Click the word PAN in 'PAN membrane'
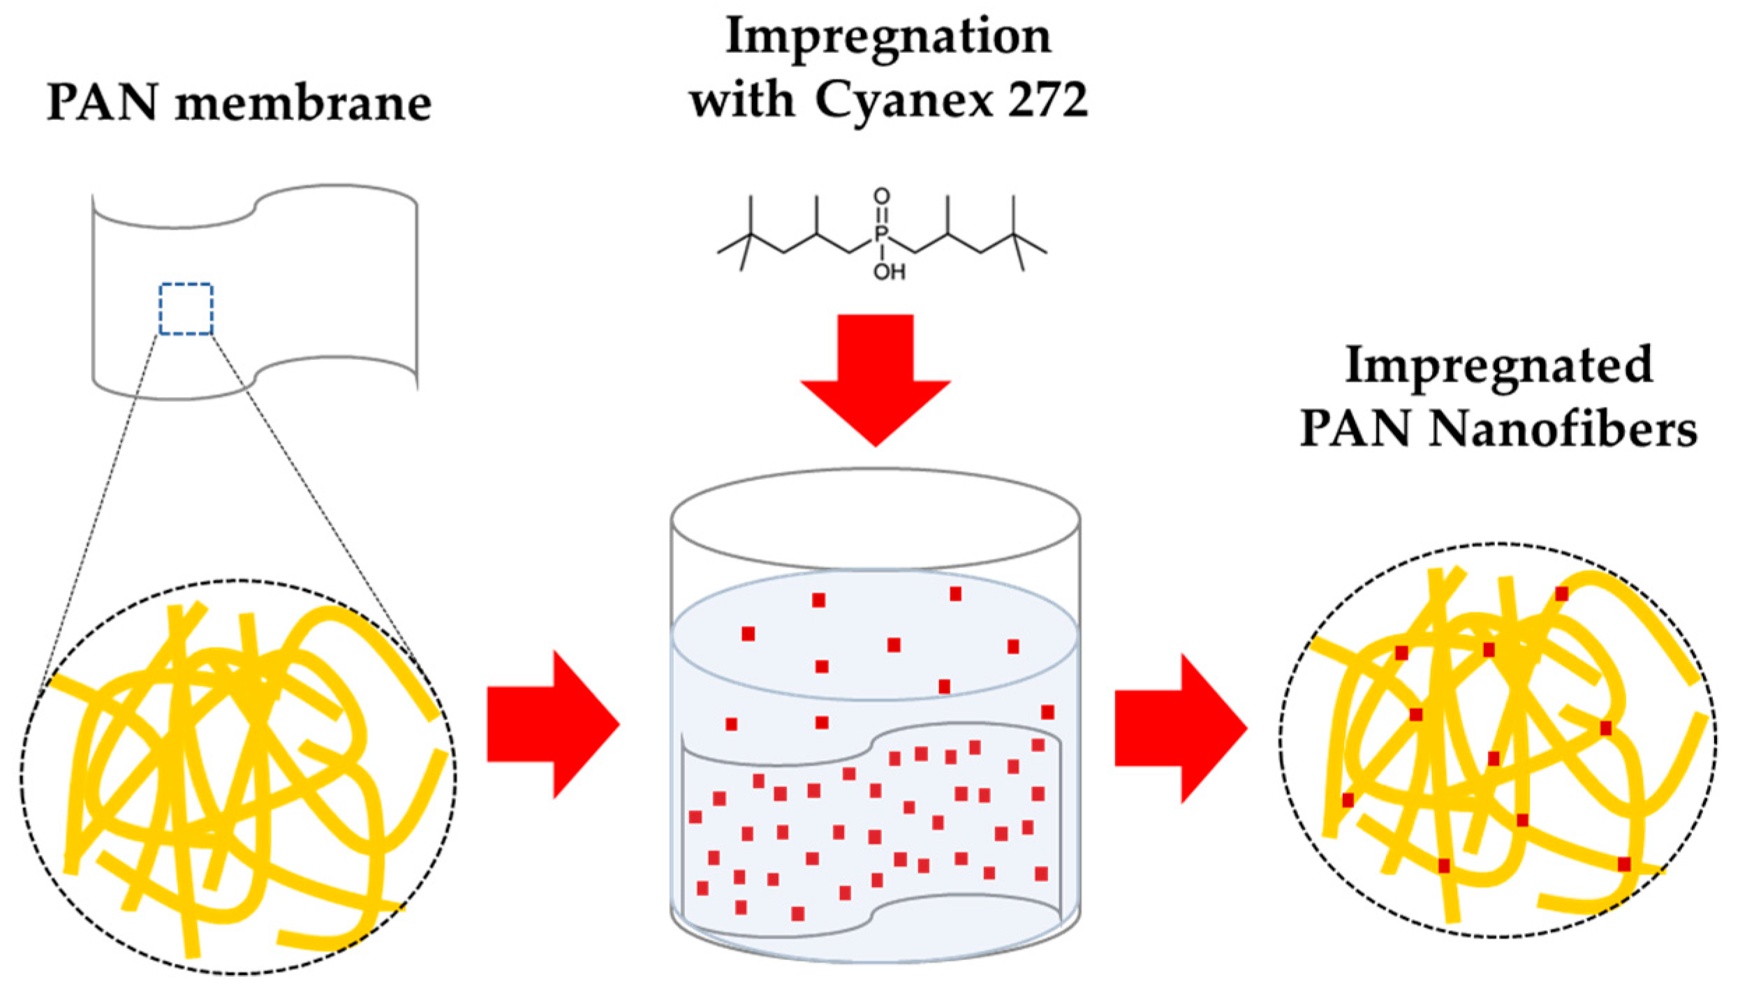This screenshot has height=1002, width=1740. pyautogui.click(x=102, y=103)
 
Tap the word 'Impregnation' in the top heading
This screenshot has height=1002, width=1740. pyautogui.click(x=888, y=38)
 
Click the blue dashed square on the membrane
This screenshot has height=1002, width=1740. pyautogui.click(x=186, y=309)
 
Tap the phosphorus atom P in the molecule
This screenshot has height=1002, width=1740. pyautogui.click(x=880, y=233)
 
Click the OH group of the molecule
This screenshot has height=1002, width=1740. pyautogui.click(x=889, y=271)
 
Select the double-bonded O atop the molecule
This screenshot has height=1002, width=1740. pyautogui.click(x=881, y=196)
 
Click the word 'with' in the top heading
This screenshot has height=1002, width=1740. pyautogui.click(x=742, y=100)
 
